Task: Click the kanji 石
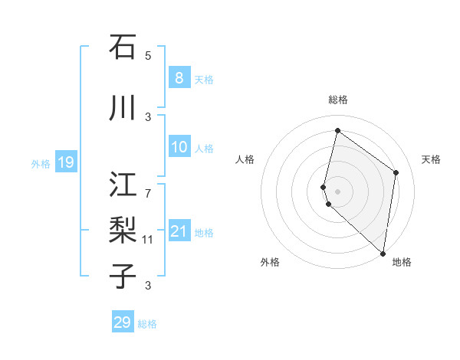(x=123, y=47)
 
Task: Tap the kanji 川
(x=123, y=108)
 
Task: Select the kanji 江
(x=123, y=184)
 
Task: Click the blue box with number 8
(x=179, y=77)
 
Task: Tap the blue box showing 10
(x=179, y=147)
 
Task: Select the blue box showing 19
(x=65, y=162)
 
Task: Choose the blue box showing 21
(x=179, y=231)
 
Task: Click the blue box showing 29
(x=122, y=322)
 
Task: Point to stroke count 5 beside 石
(x=148, y=56)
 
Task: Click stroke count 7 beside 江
(x=148, y=185)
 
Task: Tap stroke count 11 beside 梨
(x=148, y=240)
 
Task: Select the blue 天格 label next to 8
(x=204, y=79)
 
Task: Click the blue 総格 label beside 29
(x=147, y=324)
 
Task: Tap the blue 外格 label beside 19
(x=41, y=163)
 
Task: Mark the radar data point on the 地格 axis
(x=383, y=253)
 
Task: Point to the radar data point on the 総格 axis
(x=337, y=130)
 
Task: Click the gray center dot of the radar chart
(x=337, y=191)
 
